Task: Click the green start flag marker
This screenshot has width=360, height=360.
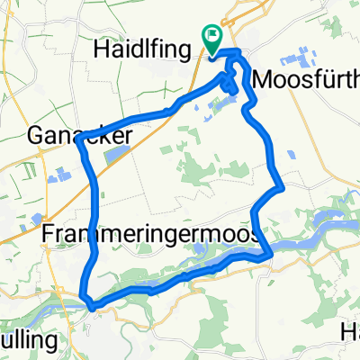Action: [x=213, y=39]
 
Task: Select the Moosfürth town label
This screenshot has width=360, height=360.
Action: [x=306, y=80]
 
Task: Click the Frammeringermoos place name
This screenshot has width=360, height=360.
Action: [x=152, y=235]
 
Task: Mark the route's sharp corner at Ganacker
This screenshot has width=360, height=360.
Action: [x=80, y=139]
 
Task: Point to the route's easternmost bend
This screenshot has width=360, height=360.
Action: [x=283, y=187]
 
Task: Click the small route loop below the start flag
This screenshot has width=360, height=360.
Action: [x=230, y=85]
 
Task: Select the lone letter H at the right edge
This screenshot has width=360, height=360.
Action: [x=351, y=331]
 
